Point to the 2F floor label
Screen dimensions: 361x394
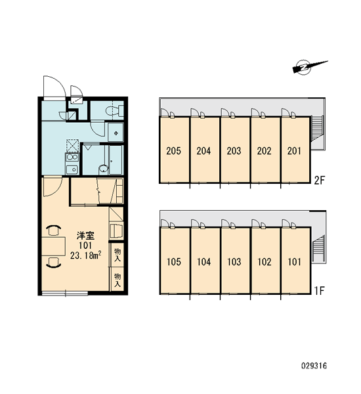pyautogui.click(x=320, y=180)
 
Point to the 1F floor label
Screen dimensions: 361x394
pyautogui.click(x=320, y=291)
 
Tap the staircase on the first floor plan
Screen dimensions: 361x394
pyautogui.click(x=318, y=250)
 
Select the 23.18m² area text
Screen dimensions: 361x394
pyautogui.click(x=86, y=255)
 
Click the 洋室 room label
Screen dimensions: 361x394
pyautogui.click(x=85, y=236)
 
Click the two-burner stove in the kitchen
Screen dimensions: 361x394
pyautogui.click(x=72, y=158)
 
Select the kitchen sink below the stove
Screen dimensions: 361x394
pyautogui.click(x=72, y=169)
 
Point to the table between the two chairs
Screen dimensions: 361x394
pyautogui.click(x=54, y=246)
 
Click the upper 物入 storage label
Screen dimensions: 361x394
pyautogui.click(x=117, y=255)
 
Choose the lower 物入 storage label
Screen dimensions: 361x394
pyautogui.click(x=117, y=280)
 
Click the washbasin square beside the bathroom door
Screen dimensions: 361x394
pyautogui.click(x=116, y=132)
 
